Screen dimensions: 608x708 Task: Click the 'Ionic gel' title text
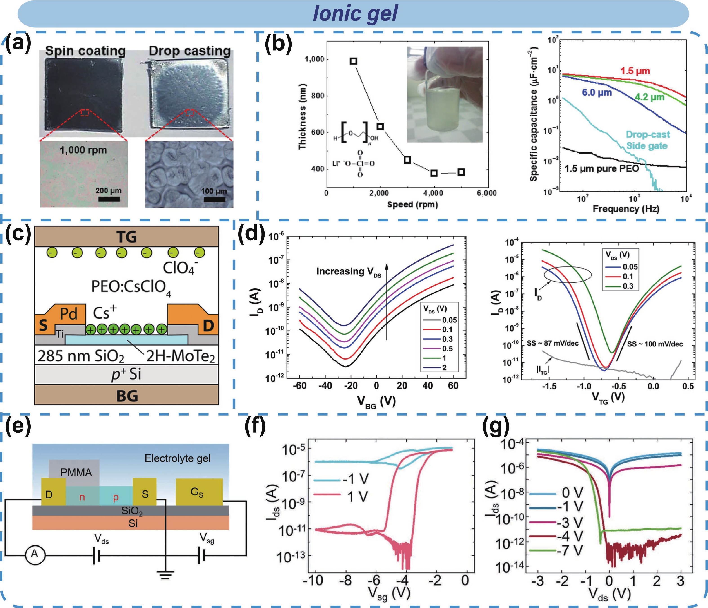point(355,14)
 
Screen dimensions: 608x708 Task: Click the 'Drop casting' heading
point(190,51)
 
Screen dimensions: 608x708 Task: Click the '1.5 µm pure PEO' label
point(601,168)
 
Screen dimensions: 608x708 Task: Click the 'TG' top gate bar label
point(126,237)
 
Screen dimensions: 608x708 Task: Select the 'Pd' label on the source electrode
point(69,313)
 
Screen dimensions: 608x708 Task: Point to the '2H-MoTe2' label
point(180,356)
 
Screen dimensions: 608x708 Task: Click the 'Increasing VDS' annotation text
point(349,272)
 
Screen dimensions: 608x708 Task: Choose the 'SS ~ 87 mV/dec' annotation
point(552,343)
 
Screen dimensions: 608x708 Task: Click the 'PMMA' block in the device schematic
point(76,472)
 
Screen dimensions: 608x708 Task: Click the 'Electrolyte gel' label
point(177,458)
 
